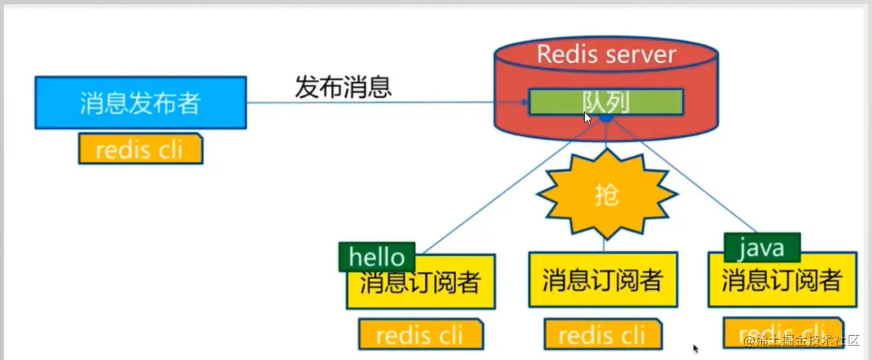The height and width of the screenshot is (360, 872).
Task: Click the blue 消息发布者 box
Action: (x=140, y=103)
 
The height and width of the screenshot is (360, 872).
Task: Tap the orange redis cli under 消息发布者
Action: (x=140, y=149)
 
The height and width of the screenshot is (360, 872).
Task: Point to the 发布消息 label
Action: (x=344, y=87)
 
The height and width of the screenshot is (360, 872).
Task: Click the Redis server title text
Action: (x=606, y=54)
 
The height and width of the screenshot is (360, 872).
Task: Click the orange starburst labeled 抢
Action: (x=606, y=195)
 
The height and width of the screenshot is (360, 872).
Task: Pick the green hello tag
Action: (x=377, y=257)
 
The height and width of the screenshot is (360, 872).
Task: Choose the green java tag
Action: (x=762, y=248)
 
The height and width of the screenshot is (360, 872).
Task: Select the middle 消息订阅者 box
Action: (x=602, y=280)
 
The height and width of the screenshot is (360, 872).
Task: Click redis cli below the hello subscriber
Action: (x=420, y=334)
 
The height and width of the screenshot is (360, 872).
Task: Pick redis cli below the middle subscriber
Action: (x=602, y=334)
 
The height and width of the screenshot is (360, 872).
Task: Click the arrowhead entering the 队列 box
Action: (x=524, y=103)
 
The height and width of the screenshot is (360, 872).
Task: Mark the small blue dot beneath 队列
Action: (x=605, y=118)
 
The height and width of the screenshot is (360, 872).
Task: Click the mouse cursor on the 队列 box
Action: (x=588, y=118)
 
